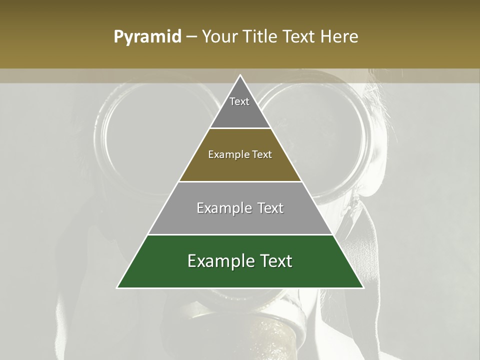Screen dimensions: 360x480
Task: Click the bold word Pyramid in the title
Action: pyautogui.click(x=147, y=37)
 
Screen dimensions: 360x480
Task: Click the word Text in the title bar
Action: pyautogui.click(x=301, y=37)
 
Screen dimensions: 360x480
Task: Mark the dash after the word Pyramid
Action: pyautogui.click(x=191, y=37)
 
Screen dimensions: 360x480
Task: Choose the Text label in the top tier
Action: pyautogui.click(x=239, y=101)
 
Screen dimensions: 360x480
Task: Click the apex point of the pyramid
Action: pyautogui.click(x=240, y=75)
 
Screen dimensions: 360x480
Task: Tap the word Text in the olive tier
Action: pyautogui.click(x=262, y=154)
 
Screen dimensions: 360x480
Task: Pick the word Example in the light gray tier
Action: pyautogui.click(x=222, y=208)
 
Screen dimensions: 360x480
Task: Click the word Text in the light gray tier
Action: pyautogui.click(x=271, y=208)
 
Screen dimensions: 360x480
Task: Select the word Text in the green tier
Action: pyautogui.click(x=275, y=261)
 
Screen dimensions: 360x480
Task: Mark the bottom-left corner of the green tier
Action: pyautogui.click(x=117, y=287)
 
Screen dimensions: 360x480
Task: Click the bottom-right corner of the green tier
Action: pyautogui.click(x=363, y=287)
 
